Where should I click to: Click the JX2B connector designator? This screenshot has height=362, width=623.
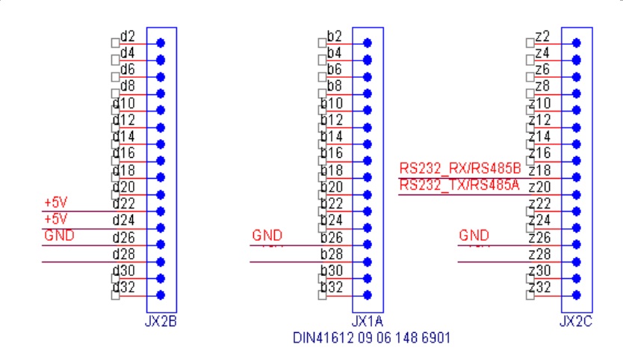click(x=161, y=322)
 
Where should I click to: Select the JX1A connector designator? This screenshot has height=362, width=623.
click(x=367, y=322)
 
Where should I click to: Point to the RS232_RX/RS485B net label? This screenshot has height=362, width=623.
click(x=459, y=168)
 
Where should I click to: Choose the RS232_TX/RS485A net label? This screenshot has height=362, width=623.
click(x=459, y=185)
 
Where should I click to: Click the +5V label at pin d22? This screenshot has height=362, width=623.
click(x=56, y=203)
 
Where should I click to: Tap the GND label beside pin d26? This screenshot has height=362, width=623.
click(x=60, y=236)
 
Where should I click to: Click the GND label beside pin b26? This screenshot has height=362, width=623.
click(x=267, y=236)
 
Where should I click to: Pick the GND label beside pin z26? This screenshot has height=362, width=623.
click(x=474, y=236)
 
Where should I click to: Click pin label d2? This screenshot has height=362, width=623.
click(x=127, y=36)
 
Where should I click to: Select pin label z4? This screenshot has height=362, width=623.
click(x=542, y=52)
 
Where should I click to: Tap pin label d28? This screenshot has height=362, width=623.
click(x=123, y=254)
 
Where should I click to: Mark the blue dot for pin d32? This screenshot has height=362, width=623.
click(x=160, y=295)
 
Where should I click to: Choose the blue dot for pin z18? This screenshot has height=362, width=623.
click(x=575, y=177)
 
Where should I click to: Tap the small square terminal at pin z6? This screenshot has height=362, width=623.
click(x=530, y=76)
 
